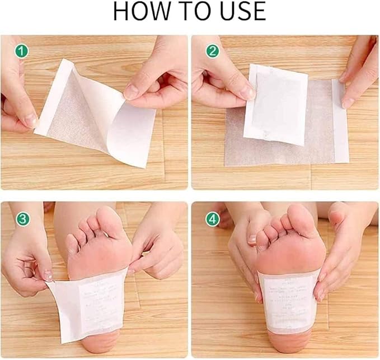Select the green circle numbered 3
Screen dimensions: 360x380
pos(22,219)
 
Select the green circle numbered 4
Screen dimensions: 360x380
pos(212,219)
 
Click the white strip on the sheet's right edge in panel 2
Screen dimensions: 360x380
pos(340,120)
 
